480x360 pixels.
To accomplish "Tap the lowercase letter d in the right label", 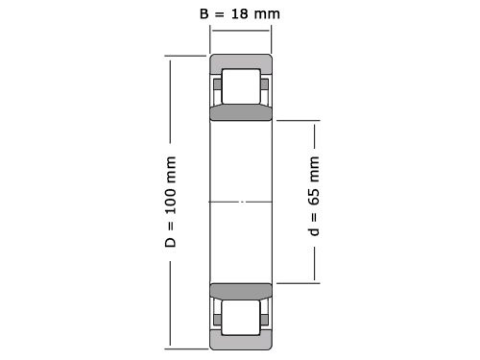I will point(314,233).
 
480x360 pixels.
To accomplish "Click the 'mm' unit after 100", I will point(172,167).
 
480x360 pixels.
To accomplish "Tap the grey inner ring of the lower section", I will point(241,292).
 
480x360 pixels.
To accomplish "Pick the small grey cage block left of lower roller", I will point(218,316).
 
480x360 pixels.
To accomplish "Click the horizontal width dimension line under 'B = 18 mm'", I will point(241,31).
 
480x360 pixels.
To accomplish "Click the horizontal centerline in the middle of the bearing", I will point(241,202).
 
